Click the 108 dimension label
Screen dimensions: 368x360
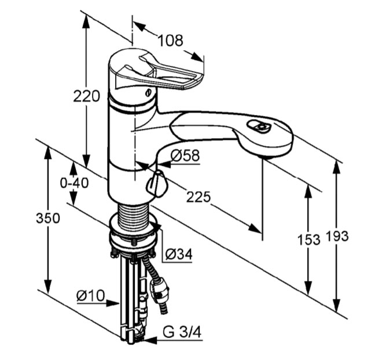(x=171, y=40)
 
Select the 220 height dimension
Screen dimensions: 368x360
(x=86, y=97)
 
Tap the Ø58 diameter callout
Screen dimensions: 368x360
(x=185, y=155)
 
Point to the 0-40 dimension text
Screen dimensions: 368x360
(x=74, y=183)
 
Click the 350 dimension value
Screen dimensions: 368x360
(x=48, y=218)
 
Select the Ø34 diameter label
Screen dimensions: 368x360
(x=179, y=254)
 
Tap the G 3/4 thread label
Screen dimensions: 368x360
(x=182, y=332)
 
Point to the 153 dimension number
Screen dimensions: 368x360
(x=308, y=240)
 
